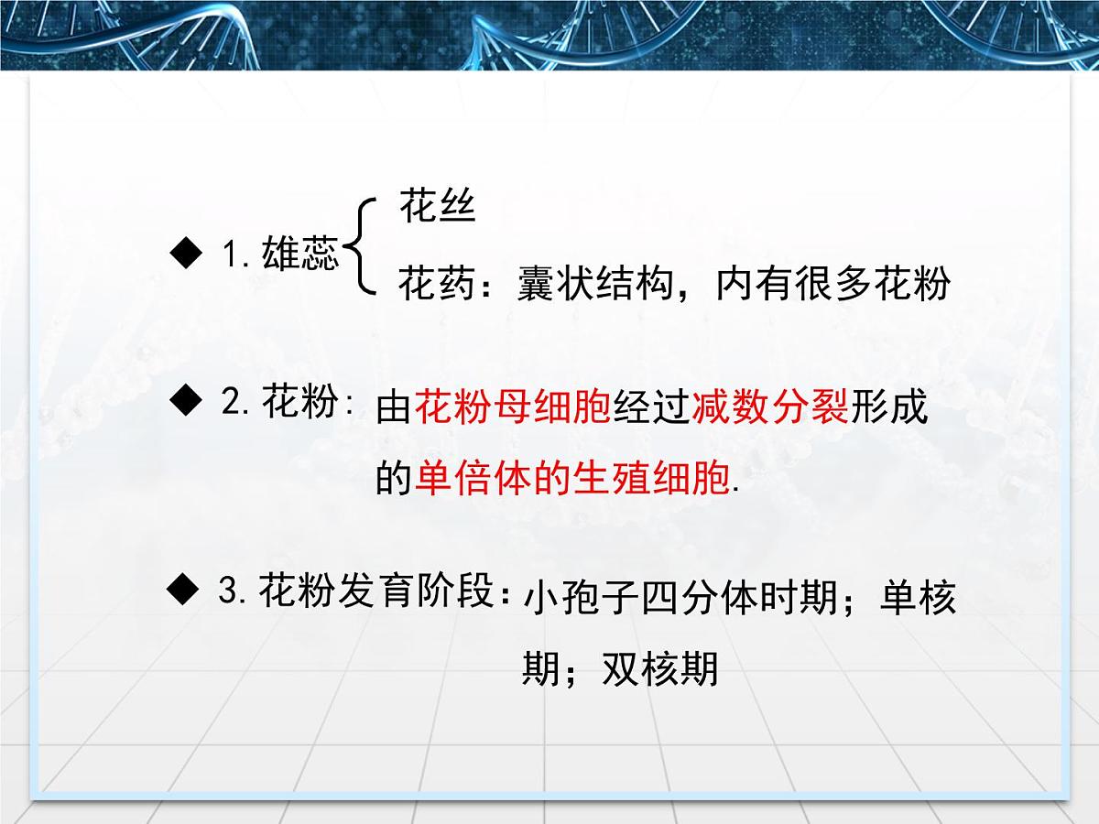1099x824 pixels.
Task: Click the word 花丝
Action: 437,208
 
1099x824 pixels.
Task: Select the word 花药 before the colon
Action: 436,285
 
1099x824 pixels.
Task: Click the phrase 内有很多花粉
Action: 833,285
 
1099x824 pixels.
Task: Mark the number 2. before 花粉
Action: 236,403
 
